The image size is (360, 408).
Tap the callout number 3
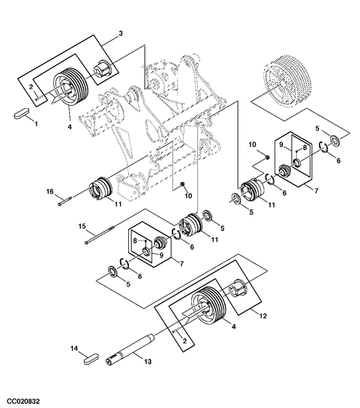[120, 35]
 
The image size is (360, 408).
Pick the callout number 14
[74, 349]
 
